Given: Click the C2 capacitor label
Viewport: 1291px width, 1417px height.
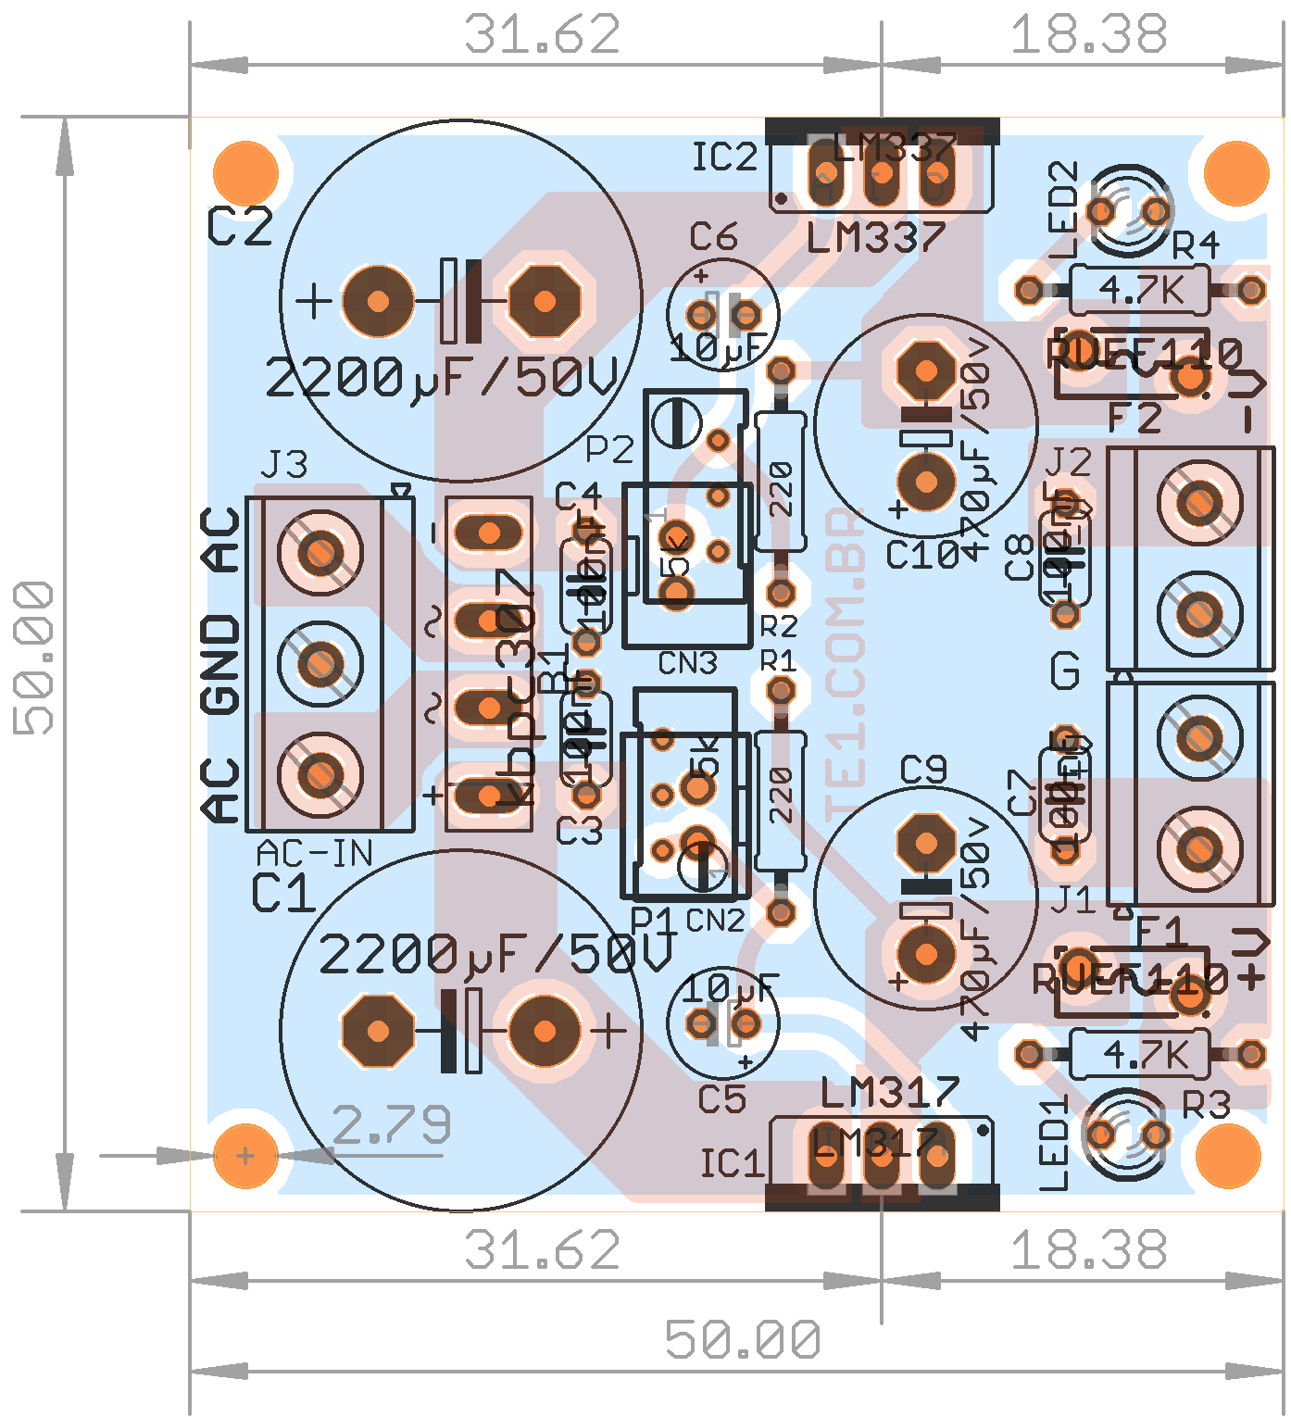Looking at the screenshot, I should click(240, 227).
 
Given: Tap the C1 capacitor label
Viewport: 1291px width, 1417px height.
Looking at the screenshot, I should click(283, 895).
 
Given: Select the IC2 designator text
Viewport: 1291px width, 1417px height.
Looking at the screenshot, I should click(724, 157).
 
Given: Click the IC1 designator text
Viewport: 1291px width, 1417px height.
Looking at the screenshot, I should click(732, 1163).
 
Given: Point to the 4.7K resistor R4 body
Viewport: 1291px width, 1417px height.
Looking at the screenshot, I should click(1140, 290).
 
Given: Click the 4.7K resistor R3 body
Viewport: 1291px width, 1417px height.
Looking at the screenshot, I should click(1140, 1054).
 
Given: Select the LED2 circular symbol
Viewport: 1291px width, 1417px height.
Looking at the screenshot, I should click(1128, 211).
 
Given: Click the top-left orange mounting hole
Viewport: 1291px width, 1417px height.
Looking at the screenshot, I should click(245, 173).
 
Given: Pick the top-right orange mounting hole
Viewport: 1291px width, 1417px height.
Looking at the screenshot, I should click(1235, 173).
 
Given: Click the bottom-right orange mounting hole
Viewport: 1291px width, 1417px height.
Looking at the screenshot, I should click(1228, 1155).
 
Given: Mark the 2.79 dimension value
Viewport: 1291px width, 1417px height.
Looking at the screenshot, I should click(391, 1124).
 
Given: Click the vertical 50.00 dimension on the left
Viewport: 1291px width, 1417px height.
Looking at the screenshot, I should click(34, 658).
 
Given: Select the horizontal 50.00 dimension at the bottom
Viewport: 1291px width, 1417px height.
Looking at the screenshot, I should click(743, 1339).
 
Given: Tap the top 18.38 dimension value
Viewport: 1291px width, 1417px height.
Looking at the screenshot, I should click(1088, 35).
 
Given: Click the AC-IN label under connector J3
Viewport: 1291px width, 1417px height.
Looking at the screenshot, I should click(314, 853).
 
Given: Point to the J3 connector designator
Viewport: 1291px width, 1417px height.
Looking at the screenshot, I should click(284, 465).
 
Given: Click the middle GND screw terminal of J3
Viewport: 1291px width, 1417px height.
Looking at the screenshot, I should click(320, 663).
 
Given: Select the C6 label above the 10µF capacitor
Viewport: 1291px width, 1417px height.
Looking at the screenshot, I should click(713, 238).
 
